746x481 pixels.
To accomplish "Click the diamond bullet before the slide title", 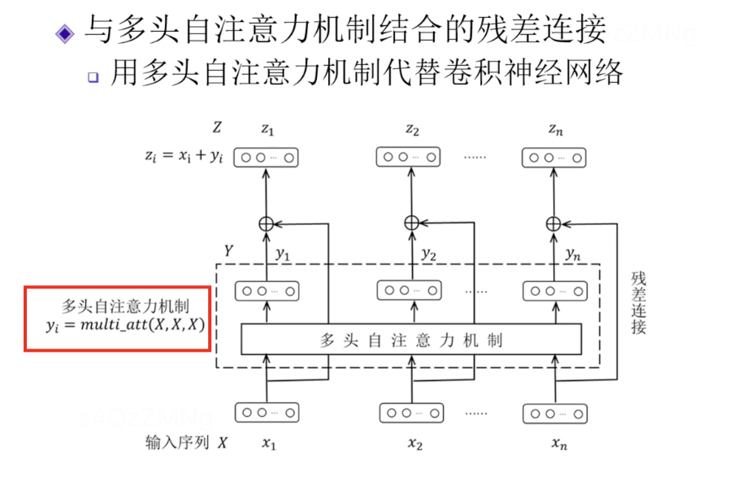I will point(64,33).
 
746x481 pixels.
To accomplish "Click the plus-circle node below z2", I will point(410,223).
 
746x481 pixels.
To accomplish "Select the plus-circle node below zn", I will point(553,223).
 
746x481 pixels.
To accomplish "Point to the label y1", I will point(282,254).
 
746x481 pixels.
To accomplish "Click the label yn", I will point(572,254).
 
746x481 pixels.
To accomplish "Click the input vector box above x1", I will point(267,413).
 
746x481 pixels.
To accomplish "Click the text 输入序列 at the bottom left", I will point(177,443).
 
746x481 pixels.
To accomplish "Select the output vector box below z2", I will point(410,158).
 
